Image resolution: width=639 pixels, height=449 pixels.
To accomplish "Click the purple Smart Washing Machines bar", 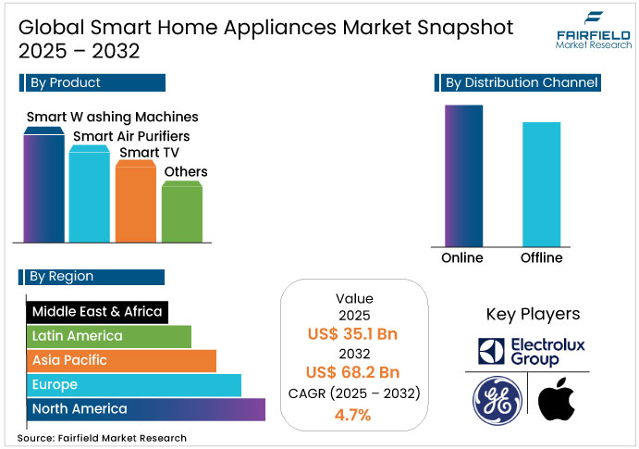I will [43, 190].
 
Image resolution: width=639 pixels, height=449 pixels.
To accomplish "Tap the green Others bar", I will [182, 213].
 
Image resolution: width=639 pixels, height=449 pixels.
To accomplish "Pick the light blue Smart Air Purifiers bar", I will [90, 196].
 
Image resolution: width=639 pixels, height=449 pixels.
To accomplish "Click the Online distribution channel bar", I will [463, 175].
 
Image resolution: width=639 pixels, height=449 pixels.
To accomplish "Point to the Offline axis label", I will [541, 257].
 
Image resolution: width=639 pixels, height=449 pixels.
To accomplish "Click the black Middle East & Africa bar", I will [97, 312].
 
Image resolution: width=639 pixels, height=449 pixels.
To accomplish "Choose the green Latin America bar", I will [109, 336].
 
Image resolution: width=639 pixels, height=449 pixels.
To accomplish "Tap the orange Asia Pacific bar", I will [121, 360].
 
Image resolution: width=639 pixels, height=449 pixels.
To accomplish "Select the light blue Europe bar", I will [134, 384].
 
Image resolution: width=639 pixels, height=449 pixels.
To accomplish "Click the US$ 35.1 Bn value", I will [354, 334].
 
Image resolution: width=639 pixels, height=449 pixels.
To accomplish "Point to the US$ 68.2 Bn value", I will [354, 373].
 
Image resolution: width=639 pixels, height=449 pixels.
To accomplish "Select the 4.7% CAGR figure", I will [354, 414].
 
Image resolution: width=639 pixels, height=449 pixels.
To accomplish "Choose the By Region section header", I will [92, 276].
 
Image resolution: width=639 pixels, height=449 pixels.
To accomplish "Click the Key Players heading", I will [532, 314].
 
